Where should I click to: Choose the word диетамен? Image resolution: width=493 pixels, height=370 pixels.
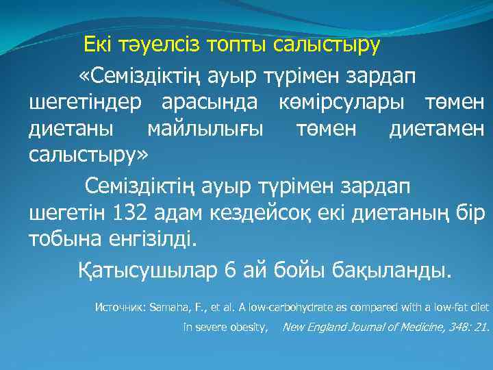tap(436, 129)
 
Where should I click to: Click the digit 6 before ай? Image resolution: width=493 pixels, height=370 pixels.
tap(229, 270)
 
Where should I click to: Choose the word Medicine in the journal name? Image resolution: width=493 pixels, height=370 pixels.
tap(406, 328)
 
